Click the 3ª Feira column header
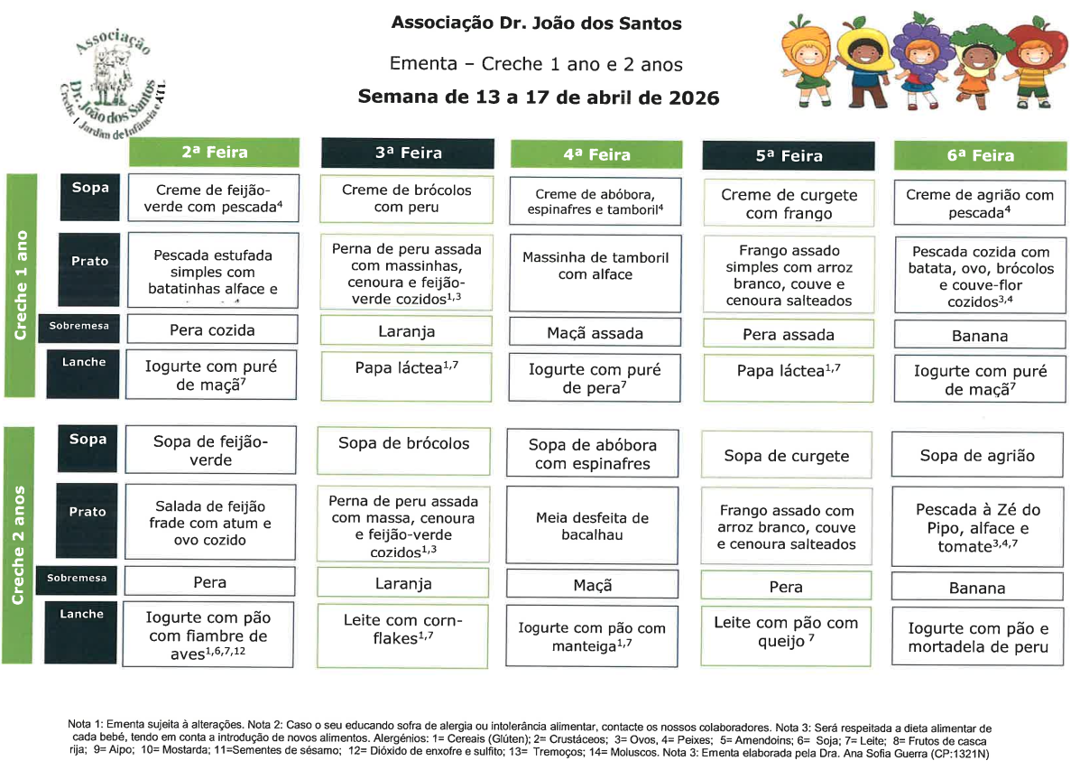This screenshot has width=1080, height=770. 408,153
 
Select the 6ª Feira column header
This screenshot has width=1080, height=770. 980,155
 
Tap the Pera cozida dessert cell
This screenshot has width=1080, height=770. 212,329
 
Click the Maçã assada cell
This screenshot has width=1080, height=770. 595,333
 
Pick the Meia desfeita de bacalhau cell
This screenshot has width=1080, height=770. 592,526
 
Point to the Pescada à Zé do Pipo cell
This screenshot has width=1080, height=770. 978,528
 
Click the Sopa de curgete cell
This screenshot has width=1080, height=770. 787,456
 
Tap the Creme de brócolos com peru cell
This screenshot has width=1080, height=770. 407,199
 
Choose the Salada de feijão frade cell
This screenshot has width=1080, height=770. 210,524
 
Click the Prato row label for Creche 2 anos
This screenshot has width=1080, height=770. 88,512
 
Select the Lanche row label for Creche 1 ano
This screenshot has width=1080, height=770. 84,362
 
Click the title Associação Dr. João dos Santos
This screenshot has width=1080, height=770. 536,23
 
